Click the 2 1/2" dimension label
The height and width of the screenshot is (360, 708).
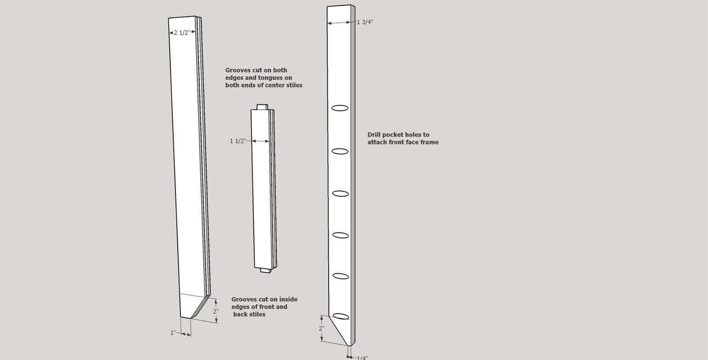[182, 32]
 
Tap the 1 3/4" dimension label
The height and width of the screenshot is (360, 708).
[365, 22]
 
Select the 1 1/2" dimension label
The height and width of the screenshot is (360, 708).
[238, 141]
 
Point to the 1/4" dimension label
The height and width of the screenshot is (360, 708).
[362, 357]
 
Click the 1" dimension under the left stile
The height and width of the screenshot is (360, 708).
[173, 333]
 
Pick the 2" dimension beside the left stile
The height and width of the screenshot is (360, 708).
[216, 311]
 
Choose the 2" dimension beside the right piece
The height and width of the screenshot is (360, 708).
[321, 328]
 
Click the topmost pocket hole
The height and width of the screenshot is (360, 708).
[340, 108]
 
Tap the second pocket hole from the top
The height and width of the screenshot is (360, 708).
[340, 151]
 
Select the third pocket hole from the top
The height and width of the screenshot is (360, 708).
[340, 193]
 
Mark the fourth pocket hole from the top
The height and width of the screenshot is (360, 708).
[340, 235]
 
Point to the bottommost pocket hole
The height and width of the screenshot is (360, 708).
[341, 316]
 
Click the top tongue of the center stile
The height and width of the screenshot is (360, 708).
[262, 107]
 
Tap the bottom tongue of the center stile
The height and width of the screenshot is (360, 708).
[266, 270]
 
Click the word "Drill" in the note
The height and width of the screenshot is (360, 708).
[374, 135]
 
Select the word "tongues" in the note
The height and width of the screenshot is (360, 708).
[272, 78]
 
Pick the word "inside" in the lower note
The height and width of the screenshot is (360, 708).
[288, 299]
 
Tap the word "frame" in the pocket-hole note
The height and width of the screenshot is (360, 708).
[430, 142]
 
